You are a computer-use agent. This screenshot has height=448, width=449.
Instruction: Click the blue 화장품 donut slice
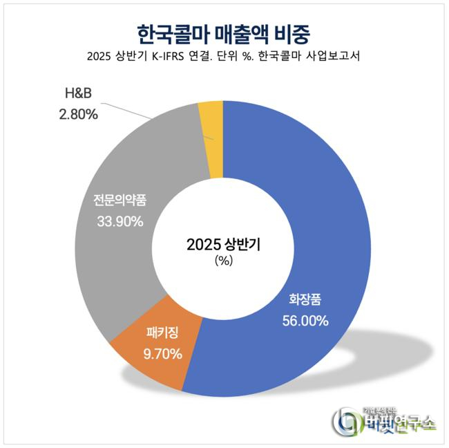coord(325,207)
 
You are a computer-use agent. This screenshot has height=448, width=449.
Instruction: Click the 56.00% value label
coord(305,321)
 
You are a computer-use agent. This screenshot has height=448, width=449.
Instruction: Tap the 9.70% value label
coord(164,354)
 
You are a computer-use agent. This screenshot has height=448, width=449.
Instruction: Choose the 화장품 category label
coord(305,300)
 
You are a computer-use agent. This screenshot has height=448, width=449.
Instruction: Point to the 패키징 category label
coord(163,333)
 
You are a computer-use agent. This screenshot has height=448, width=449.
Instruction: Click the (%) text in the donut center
coord(223,261)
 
